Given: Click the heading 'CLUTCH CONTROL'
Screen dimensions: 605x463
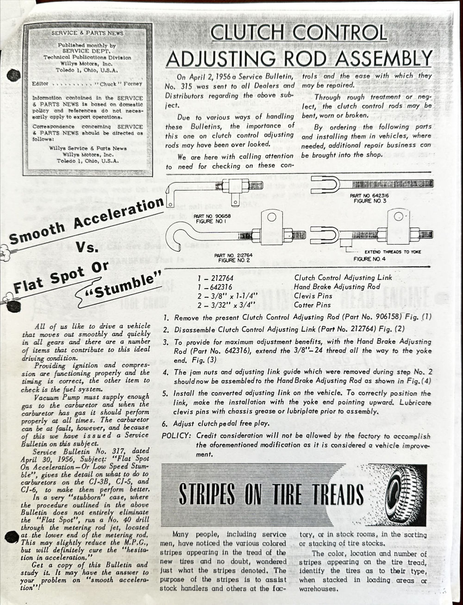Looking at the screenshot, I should [298, 33].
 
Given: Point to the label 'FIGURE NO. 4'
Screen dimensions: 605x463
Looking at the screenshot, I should [369, 259].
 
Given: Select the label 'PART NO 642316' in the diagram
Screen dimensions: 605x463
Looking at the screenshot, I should [369, 196].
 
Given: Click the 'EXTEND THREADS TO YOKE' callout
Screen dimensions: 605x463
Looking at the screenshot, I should [393, 252].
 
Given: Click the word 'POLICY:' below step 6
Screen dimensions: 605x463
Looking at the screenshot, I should [176, 436].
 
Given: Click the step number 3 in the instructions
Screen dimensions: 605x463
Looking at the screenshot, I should [166, 342].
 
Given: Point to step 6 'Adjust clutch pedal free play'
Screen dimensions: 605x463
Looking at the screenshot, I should [224, 424].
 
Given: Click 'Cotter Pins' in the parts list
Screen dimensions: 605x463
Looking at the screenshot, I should [313, 305].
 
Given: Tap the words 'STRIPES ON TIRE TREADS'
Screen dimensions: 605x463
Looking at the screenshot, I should [271, 494].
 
